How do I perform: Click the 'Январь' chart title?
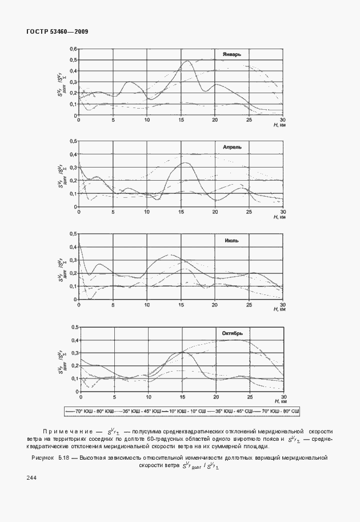coord(232,55)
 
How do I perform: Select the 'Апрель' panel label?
coord(232,147)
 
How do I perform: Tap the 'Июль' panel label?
coord(231,240)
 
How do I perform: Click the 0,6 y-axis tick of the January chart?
coord(73,49)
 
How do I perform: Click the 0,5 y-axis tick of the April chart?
coord(73,141)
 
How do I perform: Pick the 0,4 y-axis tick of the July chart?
coord(73,247)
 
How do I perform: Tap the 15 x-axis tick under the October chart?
coord(182,397)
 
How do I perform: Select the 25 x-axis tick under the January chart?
coord(249,119)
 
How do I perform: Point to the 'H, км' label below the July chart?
coord(279,310)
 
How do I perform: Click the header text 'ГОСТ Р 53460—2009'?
coord(57,31)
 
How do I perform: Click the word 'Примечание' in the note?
coord(66,431)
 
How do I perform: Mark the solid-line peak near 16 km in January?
coord(188,61)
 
